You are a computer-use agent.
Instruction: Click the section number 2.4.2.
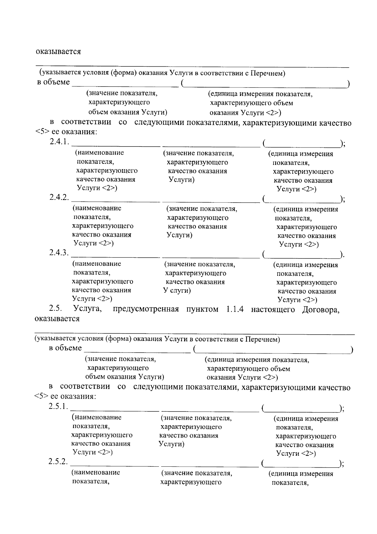59,197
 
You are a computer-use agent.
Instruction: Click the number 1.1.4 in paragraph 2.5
235,309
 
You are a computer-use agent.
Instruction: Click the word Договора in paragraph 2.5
321,310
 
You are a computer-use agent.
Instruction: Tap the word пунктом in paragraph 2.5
202,309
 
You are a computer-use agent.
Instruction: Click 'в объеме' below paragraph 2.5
65,348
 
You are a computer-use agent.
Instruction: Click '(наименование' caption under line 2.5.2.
96,473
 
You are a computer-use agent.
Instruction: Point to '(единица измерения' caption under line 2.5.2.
300,474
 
